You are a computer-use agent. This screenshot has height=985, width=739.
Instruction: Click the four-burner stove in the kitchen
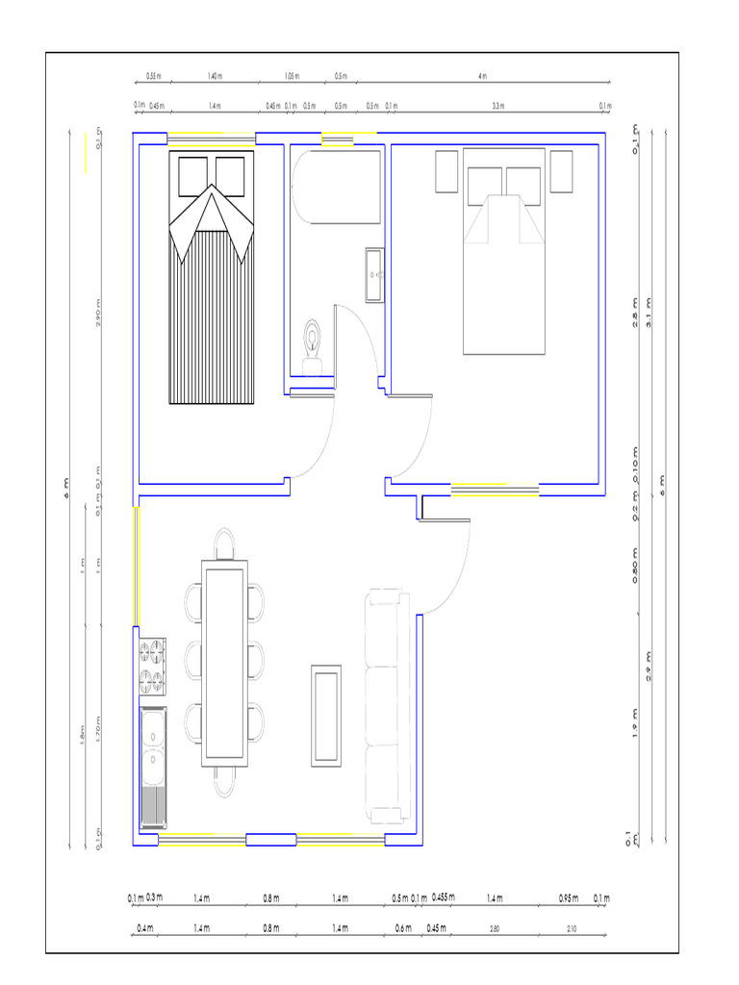tap(152, 667)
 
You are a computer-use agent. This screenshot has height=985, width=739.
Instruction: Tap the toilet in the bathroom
tap(313, 344)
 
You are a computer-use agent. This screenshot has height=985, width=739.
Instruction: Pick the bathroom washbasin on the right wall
tap(374, 275)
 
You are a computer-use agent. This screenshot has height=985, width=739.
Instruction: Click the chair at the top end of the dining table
tap(223, 543)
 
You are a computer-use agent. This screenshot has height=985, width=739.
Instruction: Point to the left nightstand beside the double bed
tap(446, 171)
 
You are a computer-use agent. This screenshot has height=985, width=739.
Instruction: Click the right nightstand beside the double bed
tap(561, 171)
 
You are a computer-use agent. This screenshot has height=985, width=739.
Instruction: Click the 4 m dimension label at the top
tap(482, 75)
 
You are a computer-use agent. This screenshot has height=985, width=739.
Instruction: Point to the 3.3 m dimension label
tap(497, 106)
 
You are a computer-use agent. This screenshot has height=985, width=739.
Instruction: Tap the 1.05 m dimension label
tap(292, 75)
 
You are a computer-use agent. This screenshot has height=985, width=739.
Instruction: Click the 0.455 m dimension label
tap(443, 897)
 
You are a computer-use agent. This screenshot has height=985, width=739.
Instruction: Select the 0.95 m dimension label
tap(568, 898)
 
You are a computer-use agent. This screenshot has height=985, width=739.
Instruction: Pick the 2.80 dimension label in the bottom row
tap(495, 928)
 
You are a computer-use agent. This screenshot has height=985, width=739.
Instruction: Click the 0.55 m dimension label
tap(153, 75)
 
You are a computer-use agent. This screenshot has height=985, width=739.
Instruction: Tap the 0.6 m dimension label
tap(402, 928)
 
